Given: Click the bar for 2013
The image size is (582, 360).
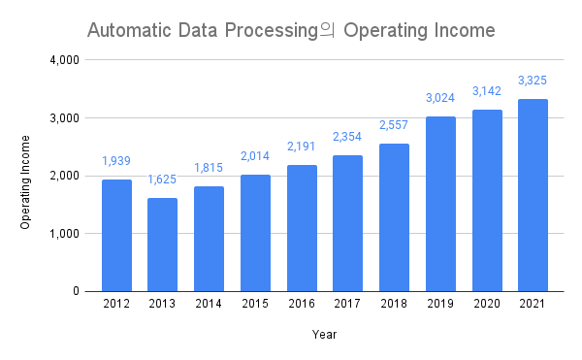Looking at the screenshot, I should pos(162,245).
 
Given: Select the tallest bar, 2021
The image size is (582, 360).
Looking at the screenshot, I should pos(533,195).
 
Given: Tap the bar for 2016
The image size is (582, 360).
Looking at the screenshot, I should pos(302,228).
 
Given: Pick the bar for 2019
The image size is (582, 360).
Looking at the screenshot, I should pos(440,204).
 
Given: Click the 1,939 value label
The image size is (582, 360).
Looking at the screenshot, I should pos(116,160).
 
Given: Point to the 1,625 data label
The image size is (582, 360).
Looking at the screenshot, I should pos(162,180).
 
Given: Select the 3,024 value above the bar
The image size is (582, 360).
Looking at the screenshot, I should pos(440,98).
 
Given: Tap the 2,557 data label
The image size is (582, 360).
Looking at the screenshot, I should pos(394,125).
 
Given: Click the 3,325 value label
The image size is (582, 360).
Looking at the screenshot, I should pos(533,80).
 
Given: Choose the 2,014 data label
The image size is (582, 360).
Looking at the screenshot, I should pos(255,156).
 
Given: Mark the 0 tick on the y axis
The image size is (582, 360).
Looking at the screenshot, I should pos(76,291).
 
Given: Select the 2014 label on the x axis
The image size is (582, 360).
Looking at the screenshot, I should pos(209,305).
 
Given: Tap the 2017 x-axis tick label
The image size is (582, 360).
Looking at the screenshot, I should pos(347,305).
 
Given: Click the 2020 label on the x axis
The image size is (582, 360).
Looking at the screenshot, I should pos(487,305).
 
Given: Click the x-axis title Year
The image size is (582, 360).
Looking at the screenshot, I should pos(324,335).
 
